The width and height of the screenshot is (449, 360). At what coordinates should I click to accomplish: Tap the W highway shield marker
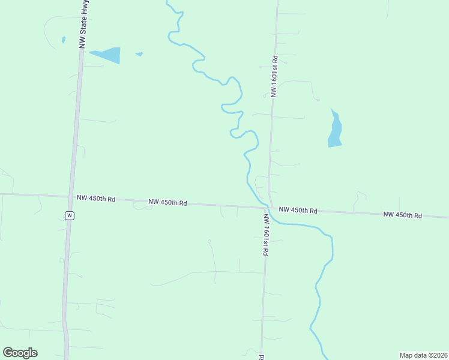[70, 215]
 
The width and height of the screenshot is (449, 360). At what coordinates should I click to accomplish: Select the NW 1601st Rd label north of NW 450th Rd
[274, 76]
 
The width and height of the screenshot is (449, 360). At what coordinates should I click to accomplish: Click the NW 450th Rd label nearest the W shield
[95, 198]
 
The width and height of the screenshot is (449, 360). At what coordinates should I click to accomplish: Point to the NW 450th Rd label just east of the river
[298, 210]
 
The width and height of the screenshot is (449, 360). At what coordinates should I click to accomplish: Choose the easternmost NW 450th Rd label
[402, 215]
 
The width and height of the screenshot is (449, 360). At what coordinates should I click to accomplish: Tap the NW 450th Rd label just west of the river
[167, 203]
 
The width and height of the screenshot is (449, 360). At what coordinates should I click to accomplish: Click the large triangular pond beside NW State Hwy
[109, 55]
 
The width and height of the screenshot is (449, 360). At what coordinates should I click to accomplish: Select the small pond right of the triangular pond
[139, 54]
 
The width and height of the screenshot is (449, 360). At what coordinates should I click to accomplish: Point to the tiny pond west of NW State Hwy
[63, 40]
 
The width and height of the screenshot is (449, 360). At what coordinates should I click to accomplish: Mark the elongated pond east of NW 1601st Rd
[335, 129]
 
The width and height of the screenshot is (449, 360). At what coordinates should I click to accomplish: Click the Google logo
[20, 353]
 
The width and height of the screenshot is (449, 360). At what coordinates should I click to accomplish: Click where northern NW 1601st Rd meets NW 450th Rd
[271, 208]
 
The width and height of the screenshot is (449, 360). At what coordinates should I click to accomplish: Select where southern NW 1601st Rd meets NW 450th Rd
[265, 207]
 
